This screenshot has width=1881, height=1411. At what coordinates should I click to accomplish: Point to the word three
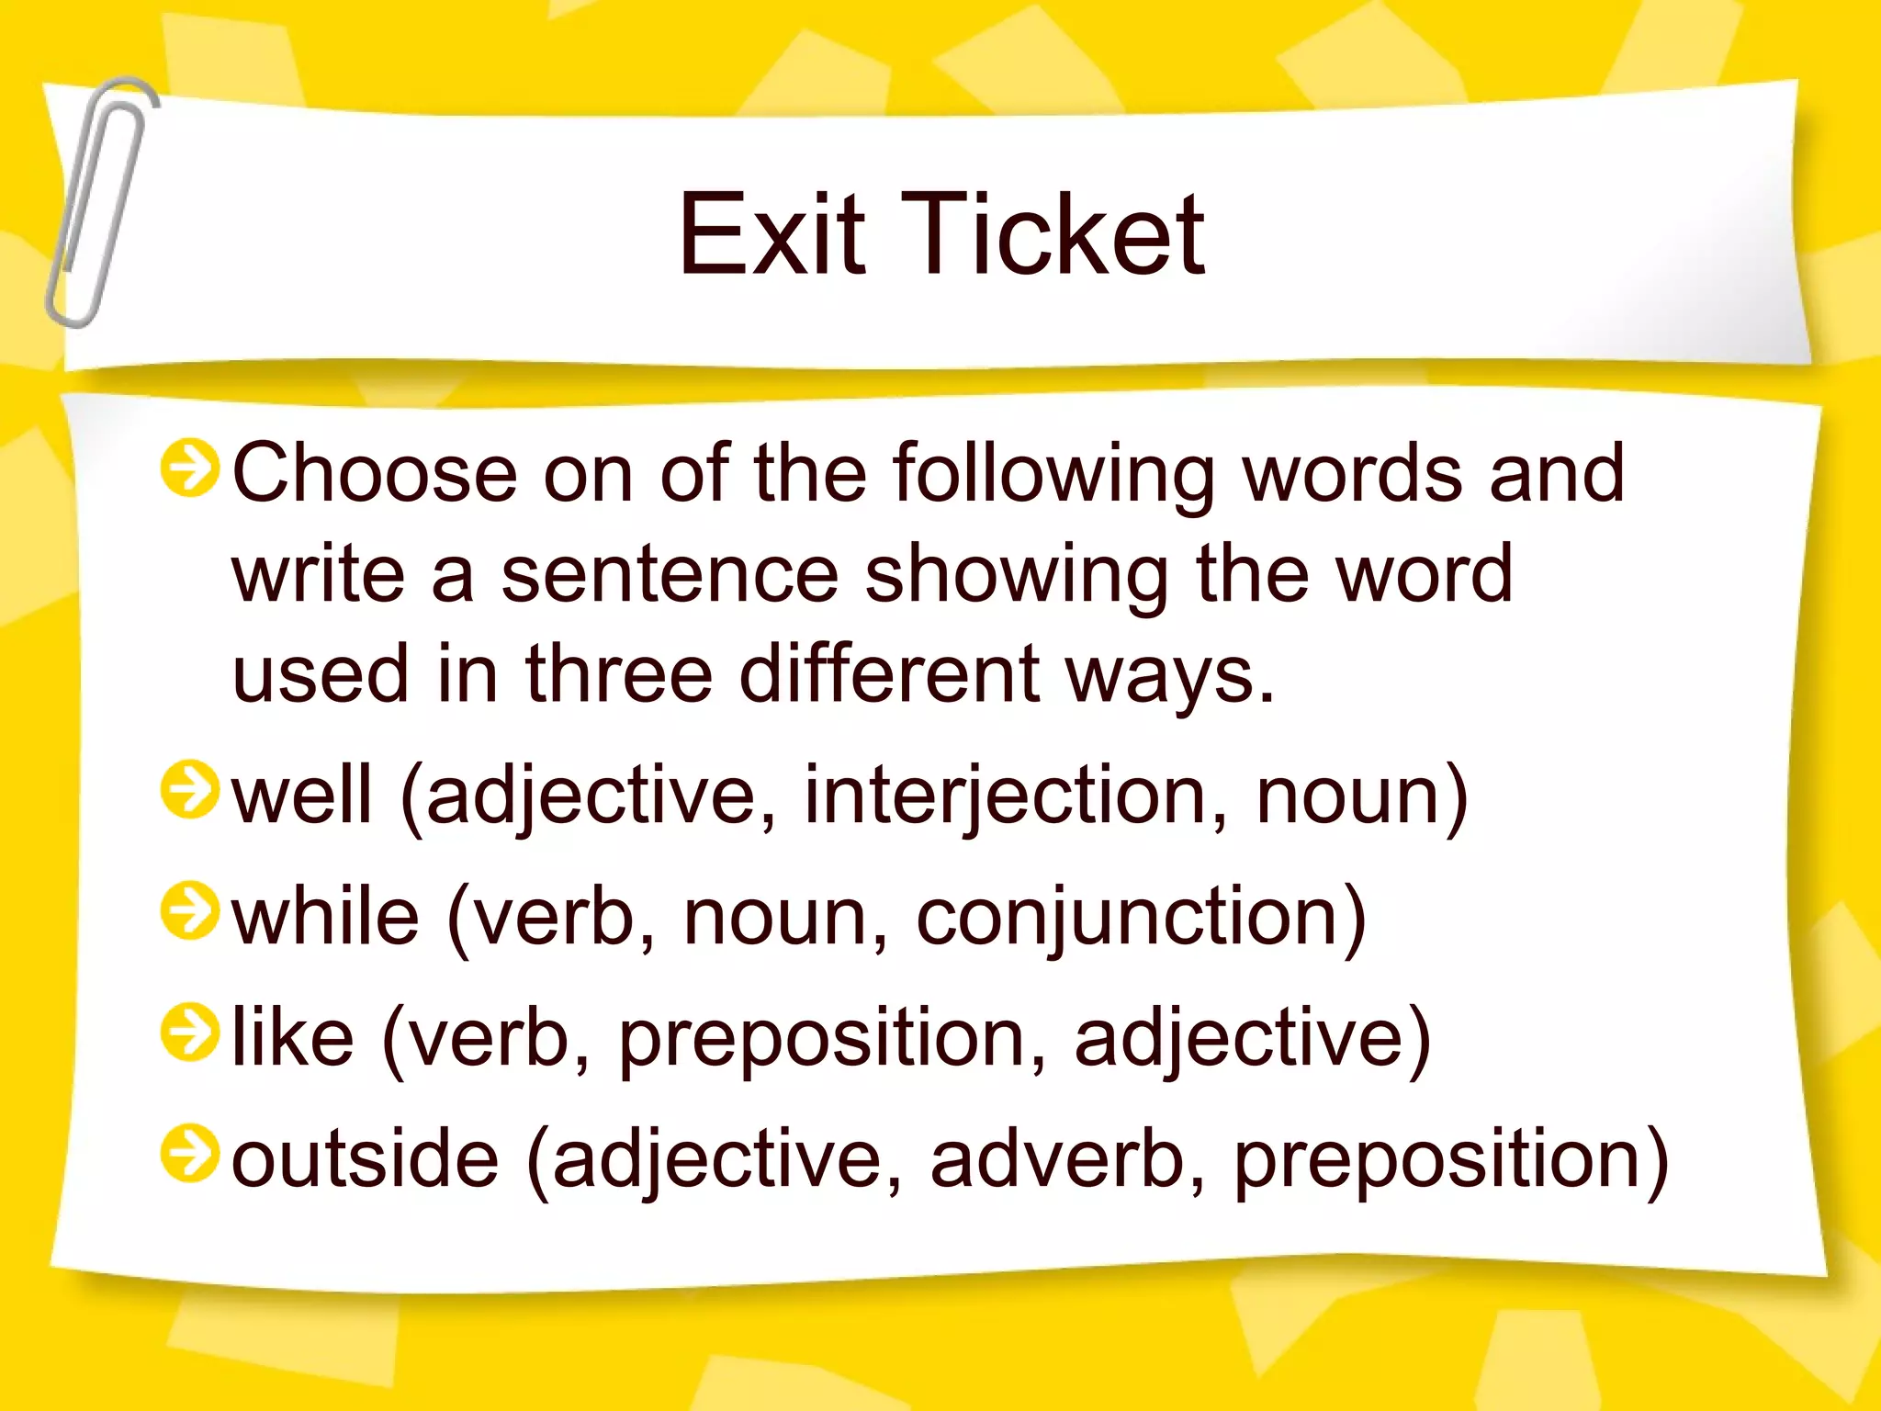pyautogui.click(x=619, y=673)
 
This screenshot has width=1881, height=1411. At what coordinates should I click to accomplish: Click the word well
pyautogui.click(x=301, y=795)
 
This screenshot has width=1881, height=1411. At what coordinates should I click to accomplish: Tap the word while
pyautogui.click(x=325, y=916)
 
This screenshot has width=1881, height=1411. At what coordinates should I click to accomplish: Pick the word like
pyautogui.click(x=292, y=1037)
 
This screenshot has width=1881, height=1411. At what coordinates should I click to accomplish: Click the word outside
pyautogui.click(x=365, y=1158)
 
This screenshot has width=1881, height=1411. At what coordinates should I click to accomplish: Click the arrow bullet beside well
pyautogui.click(x=190, y=790)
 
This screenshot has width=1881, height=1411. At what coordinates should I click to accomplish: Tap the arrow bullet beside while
pyautogui.click(x=190, y=911)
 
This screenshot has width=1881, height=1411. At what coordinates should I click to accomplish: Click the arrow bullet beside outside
pyautogui.click(x=190, y=1154)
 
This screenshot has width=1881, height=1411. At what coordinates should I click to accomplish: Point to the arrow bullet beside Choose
pyautogui.click(x=190, y=468)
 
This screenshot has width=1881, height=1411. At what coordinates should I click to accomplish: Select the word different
pyautogui.click(x=889, y=673)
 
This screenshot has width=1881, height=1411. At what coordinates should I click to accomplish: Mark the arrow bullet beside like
pyautogui.click(x=190, y=1033)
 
